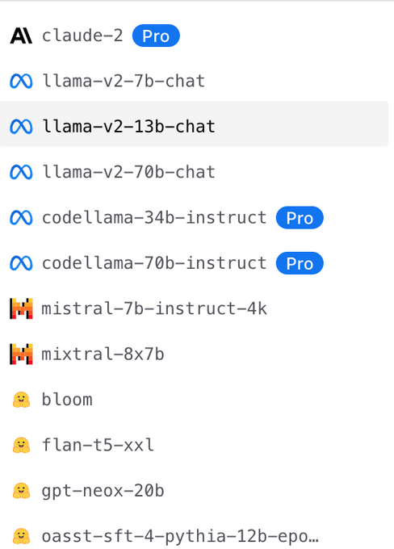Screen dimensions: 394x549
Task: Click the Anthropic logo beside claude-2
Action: [21, 36]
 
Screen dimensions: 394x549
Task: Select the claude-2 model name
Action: [82, 36]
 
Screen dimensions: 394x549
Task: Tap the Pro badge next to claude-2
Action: [156, 36]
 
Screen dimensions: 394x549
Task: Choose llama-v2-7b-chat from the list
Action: [124, 81]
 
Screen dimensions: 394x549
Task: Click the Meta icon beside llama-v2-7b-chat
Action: [21, 82]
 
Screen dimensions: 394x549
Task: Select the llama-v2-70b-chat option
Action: [128, 172]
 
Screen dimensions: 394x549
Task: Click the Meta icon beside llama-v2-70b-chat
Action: [21, 172]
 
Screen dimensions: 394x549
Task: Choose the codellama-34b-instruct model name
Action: [154, 217]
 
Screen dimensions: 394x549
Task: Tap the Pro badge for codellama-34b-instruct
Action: [300, 217]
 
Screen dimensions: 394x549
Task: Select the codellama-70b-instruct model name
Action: [154, 263]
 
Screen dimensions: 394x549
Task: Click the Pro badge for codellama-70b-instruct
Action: [300, 263]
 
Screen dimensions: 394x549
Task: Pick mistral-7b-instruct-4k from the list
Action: [154, 308]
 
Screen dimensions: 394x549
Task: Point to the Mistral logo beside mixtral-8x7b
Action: [21, 354]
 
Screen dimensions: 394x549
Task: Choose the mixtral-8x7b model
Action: [103, 354]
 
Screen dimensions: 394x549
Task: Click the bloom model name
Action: [67, 400]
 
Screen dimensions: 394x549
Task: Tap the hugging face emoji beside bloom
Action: [21, 400]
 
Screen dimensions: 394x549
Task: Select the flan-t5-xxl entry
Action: [98, 445]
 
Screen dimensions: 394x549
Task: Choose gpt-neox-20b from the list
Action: [103, 491]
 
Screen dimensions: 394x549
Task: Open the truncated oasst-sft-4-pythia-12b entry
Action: [180, 536]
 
